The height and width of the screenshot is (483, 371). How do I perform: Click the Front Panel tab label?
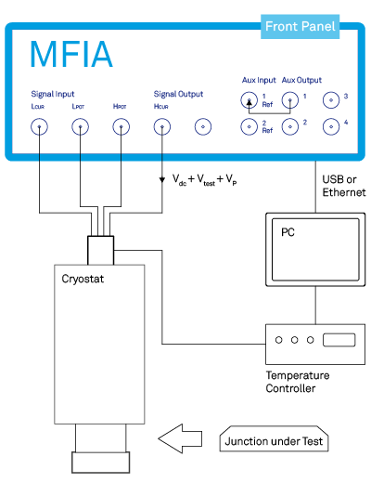pyautogui.click(x=300, y=26)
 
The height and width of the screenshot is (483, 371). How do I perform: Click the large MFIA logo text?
pyautogui.click(x=71, y=54)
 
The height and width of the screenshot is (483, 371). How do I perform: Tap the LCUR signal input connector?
pyautogui.click(x=39, y=126)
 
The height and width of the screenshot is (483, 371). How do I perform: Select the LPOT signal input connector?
pyautogui.click(x=80, y=126)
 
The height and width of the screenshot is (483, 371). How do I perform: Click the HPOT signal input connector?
pyautogui.click(x=121, y=126)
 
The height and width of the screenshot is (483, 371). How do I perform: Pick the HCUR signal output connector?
pyautogui.click(x=162, y=126)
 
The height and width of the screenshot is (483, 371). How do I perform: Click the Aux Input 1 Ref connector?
pyautogui.click(x=249, y=100)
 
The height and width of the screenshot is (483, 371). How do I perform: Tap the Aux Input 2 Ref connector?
pyautogui.click(x=249, y=126)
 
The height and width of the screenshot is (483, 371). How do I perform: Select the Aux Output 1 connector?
pyautogui.click(x=290, y=100)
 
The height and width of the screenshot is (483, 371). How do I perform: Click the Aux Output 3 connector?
pyautogui.click(x=331, y=100)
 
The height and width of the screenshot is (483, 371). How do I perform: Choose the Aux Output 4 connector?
pyautogui.click(x=331, y=126)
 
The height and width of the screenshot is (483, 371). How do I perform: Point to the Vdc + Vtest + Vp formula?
pyautogui.click(x=205, y=180)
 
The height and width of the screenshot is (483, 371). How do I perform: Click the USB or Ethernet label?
pyautogui.click(x=344, y=186)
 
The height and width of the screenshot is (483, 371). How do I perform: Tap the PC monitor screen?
pyautogui.click(x=315, y=250)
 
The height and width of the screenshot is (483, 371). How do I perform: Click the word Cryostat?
pyautogui.click(x=83, y=279)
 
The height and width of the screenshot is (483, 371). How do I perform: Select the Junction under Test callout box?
pyautogui.click(x=274, y=438)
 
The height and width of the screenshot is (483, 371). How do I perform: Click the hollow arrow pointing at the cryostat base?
pyautogui.click(x=180, y=438)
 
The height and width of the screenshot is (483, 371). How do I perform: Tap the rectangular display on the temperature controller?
pyautogui.click(x=339, y=340)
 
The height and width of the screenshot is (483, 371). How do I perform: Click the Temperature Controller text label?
pyautogui.click(x=298, y=382)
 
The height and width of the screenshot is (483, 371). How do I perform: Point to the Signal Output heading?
pyautogui.click(x=178, y=94)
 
